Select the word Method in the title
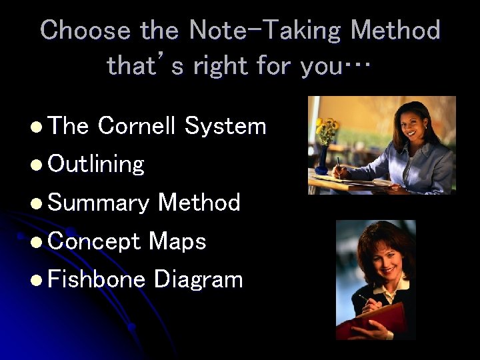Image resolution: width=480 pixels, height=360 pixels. pos(395,31)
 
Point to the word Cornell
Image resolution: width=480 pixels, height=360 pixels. pos(137,126)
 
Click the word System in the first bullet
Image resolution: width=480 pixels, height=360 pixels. pos(225,126)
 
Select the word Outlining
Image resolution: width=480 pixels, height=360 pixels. pos(96,164)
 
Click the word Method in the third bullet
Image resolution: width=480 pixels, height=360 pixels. pos(199,202)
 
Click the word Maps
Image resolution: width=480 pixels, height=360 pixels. pos(177,241)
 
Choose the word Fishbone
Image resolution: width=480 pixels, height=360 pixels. pos(97,279)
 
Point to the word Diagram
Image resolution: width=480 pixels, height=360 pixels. pos(198,280)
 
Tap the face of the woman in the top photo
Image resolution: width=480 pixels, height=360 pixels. pos(407,124)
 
